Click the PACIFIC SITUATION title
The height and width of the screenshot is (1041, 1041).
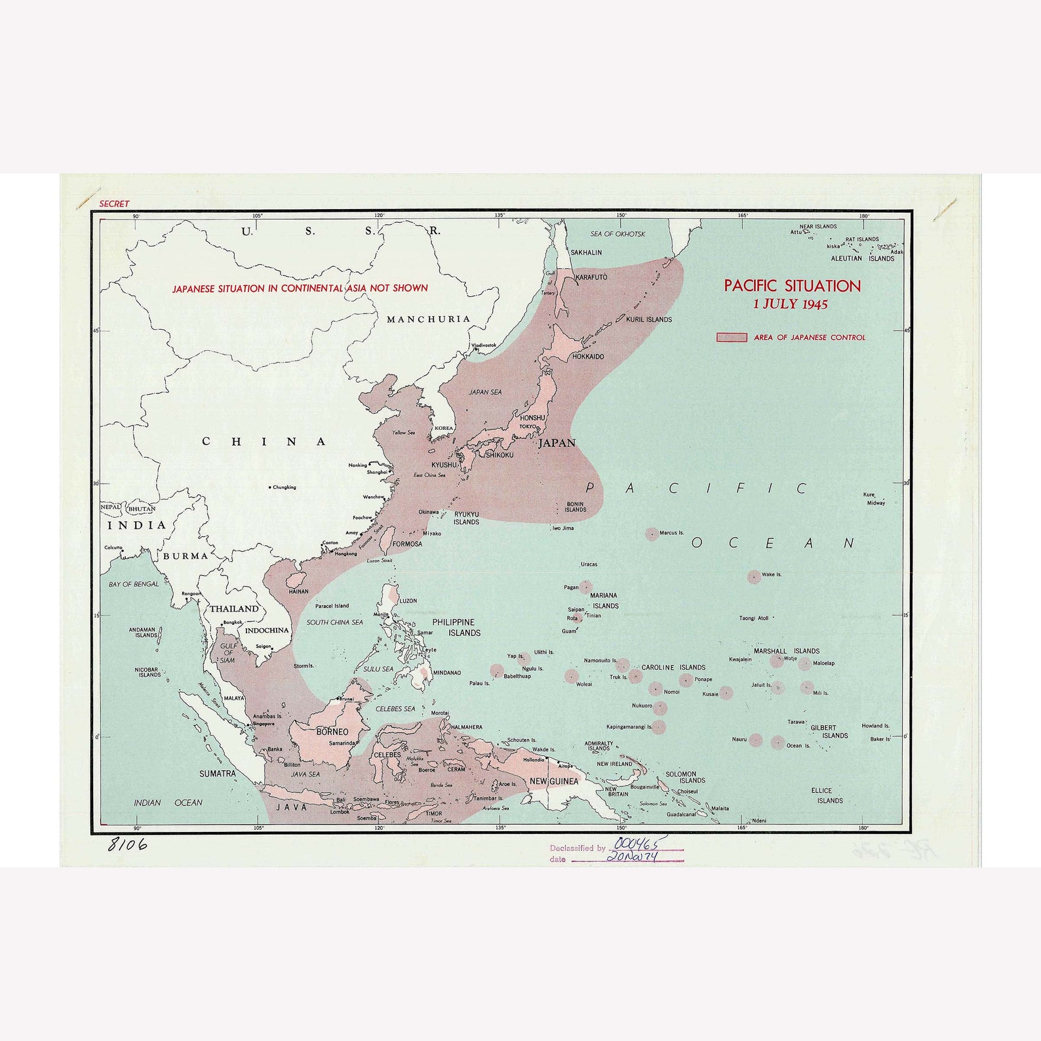tap(792, 286)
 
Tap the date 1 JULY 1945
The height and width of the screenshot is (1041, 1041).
tap(790, 304)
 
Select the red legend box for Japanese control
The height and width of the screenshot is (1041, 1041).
tap(731, 337)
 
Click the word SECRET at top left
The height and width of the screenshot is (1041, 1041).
tap(114, 204)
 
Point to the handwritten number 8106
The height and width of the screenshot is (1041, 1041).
tap(127, 844)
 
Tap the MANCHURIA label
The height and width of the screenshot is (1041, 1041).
tap(429, 319)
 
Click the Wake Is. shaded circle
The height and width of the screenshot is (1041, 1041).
tap(754, 576)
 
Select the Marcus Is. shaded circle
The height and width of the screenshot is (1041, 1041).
tap(652, 534)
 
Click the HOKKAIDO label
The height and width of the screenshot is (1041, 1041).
tap(588, 357)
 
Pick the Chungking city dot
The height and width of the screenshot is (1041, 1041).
tap(270, 487)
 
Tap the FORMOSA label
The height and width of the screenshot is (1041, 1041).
tap(407, 543)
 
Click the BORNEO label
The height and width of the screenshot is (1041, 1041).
tap(332, 732)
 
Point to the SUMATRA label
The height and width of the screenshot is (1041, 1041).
tap(218, 774)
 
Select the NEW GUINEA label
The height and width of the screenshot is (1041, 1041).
tap(554, 781)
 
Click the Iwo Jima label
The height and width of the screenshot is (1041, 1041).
tap(562, 528)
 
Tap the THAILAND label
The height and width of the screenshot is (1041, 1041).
tap(234, 609)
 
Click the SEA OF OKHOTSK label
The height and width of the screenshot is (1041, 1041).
tap(618, 234)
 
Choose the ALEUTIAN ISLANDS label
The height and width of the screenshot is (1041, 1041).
tap(862, 258)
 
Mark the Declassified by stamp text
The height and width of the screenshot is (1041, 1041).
tap(578, 848)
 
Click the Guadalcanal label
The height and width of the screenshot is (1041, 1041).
tap(681, 814)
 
